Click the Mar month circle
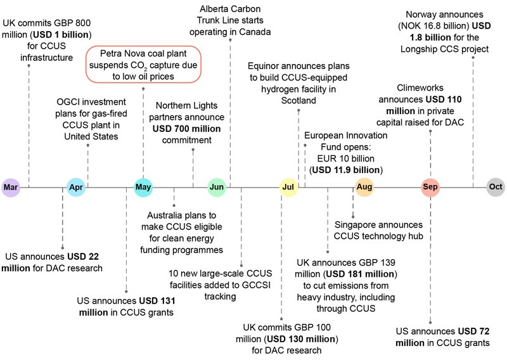(x=11, y=187)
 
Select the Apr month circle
(x=76, y=187)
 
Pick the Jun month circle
(x=217, y=187)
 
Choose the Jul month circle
(x=288, y=187)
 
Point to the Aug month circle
(x=364, y=187)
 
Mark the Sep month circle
(x=430, y=187)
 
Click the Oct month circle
(x=496, y=187)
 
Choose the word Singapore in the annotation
(x=356, y=225)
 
